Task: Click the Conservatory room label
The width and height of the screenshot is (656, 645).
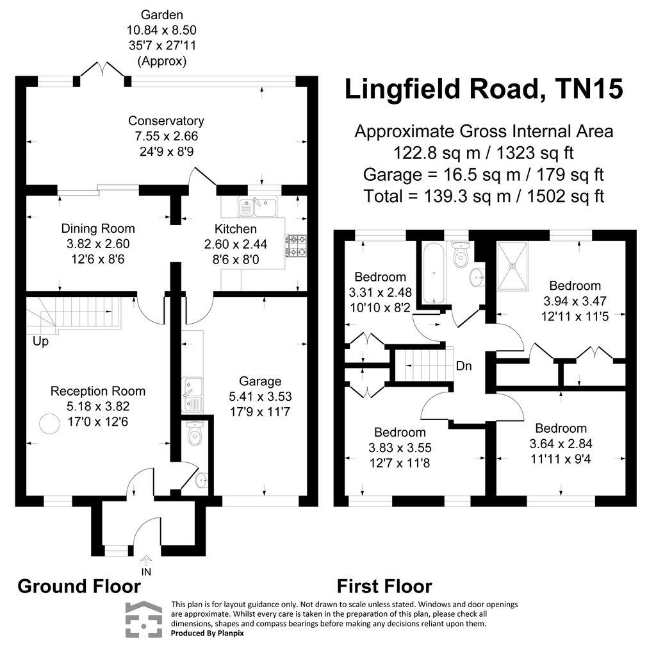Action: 166,121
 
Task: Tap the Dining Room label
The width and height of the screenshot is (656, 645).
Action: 98,228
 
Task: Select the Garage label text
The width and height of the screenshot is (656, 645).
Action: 260,382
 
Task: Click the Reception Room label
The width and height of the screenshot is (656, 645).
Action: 98,391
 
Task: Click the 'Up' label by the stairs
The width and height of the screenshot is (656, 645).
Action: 40,342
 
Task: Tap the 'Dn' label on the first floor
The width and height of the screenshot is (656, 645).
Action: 464,367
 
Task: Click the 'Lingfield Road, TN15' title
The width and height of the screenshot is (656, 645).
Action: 484,89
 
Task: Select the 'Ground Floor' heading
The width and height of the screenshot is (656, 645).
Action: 79,586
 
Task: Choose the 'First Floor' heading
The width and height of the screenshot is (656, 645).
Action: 384,586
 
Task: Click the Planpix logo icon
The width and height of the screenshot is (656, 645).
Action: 145,619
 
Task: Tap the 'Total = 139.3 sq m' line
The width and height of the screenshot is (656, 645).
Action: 484,196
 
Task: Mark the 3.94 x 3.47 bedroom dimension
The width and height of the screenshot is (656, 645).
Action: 575,301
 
